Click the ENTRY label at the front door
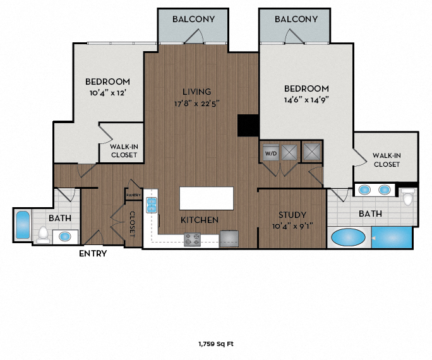click(x=92, y=254)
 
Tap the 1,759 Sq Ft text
click(x=216, y=344)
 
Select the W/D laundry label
click(x=270, y=152)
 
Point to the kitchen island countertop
click(x=206, y=198)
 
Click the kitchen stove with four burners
click(x=193, y=239)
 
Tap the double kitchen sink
click(x=152, y=204)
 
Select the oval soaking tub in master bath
click(x=348, y=238)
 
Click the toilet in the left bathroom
click(x=43, y=234)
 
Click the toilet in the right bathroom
click(x=408, y=199)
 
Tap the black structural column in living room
click(x=248, y=125)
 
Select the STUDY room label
click(x=292, y=215)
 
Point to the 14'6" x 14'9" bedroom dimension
click(x=306, y=99)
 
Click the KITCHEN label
click(x=200, y=220)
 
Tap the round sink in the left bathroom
click(x=64, y=237)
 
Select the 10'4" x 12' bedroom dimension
click(x=108, y=93)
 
